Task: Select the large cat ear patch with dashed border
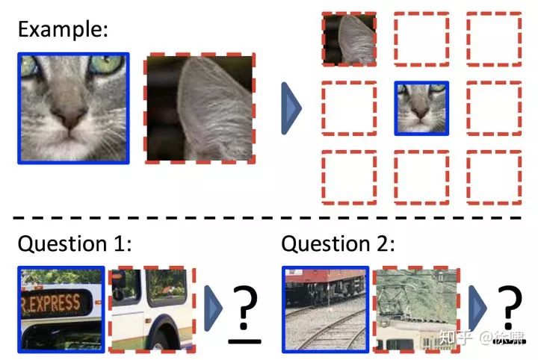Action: [x=201, y=108]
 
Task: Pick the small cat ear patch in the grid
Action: [x=349, y=38]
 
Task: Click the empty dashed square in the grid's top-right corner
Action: [x=494, y=38]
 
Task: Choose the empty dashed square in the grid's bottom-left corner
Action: [x=349, y=177]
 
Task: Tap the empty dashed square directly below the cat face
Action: [x=422, y=177]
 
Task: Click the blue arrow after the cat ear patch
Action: [x=290, y=109]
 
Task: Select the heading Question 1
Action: [x=74, y=244]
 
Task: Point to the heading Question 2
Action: [x=338, y=244]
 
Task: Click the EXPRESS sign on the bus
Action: [x=52, y=302]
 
